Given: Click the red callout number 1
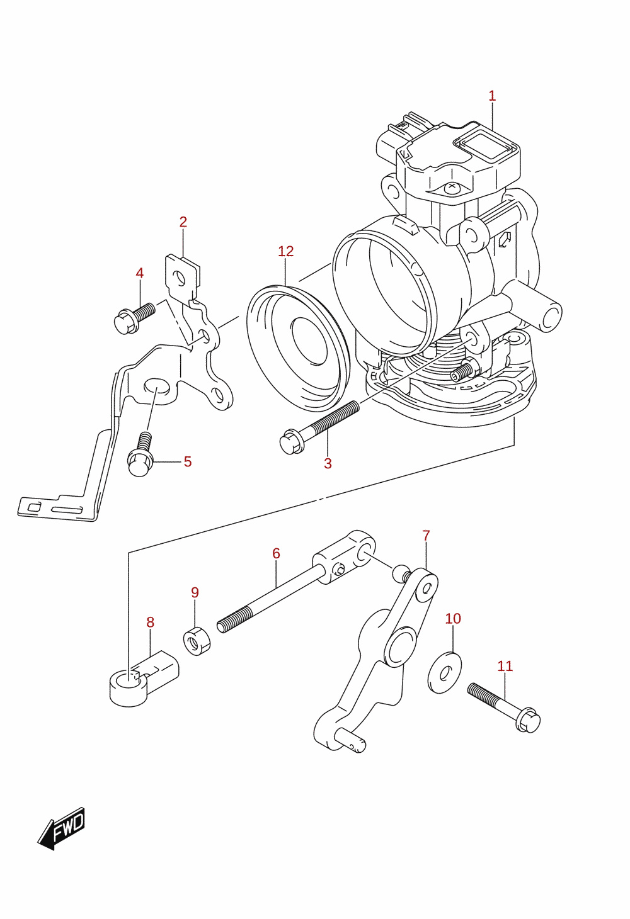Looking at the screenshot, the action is tap(492, 96).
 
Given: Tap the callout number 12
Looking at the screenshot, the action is tap(286, 252).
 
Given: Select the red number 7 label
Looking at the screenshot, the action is tap(426, 536).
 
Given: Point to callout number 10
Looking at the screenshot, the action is tap(453, 618).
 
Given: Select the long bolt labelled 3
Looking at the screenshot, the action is tap(319, 428).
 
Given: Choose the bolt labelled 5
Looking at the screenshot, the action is tap(140, 455).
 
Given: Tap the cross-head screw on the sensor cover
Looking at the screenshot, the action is tap(452, 187).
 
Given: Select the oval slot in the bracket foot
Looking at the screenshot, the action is tap(67, 510).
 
